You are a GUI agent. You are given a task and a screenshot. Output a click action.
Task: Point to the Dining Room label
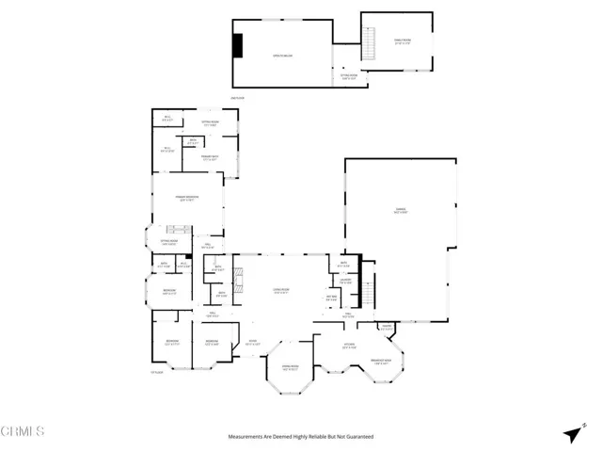(x=291, y=367)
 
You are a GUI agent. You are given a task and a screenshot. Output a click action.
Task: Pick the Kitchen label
(x=348, y=345)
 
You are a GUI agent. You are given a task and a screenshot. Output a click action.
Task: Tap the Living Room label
(x=282, y=291)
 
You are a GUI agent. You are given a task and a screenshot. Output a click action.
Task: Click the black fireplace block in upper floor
(x=239, y=45)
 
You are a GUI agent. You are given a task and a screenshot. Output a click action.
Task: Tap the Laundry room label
(x=345, y=280)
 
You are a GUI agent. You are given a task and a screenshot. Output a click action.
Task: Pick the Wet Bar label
(x=331, y=299)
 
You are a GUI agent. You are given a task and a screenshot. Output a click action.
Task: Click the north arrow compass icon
(x=572, y=434)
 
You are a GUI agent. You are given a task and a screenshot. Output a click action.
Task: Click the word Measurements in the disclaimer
(x=247, y=437)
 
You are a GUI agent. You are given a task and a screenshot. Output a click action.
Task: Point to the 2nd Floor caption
(x=237, y=98)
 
